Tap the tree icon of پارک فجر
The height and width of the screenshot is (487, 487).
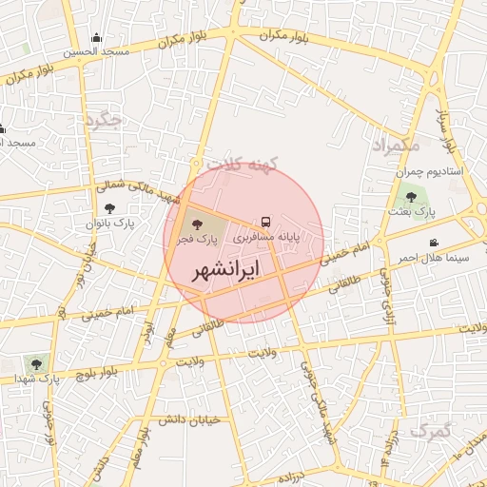click(x=197, y=224)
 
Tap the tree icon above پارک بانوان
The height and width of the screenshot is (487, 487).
click(x=109, y=207)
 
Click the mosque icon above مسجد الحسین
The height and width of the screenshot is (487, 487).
click(x=96, y=39)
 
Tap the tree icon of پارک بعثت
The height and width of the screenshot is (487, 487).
click(x=411, y=197)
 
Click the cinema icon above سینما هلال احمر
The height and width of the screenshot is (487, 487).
click(x=434, y=243)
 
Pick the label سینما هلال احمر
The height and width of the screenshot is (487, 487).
click(x=433, y=258)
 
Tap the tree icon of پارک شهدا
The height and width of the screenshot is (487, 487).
click(x=37, y=362)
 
